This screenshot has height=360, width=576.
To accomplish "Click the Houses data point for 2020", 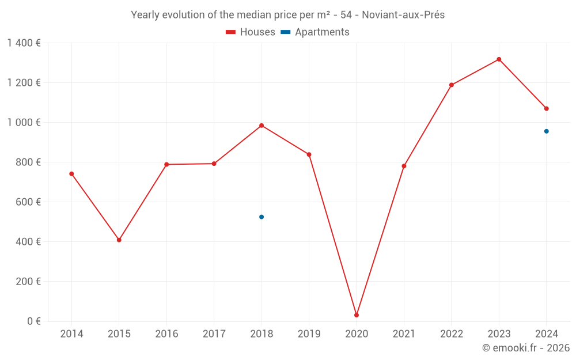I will [x=357, y=315].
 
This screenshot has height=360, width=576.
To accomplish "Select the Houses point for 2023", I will [x=499, y=59].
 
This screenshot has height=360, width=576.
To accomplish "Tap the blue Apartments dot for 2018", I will [x=262, y=217].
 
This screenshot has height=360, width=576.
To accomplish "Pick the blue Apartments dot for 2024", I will [x=547, y=131].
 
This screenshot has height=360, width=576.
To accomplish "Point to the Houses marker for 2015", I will [x=119, y=240].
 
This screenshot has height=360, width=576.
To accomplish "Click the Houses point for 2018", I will [x=262, y=126].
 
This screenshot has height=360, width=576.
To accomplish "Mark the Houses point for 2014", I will [x=71, y=174].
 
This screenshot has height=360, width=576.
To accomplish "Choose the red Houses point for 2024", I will [x=547, y=108].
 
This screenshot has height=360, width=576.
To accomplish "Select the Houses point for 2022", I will [x=452, y=85].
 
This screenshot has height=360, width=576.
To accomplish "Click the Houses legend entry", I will [x=251, y=32].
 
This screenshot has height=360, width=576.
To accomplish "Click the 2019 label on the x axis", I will [x=309, y=334].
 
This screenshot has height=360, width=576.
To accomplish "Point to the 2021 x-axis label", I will [x=404, y=334].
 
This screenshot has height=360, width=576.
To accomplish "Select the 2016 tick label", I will [x=166, y=334].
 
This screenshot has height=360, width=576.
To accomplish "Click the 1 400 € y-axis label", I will [x=24, y=43].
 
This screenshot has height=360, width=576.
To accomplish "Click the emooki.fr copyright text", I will [x=525, y=348].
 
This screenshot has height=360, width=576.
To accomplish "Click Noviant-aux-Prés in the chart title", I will [x=403, y=15].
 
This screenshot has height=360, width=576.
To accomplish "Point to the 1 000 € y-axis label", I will [x=24, y=123].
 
